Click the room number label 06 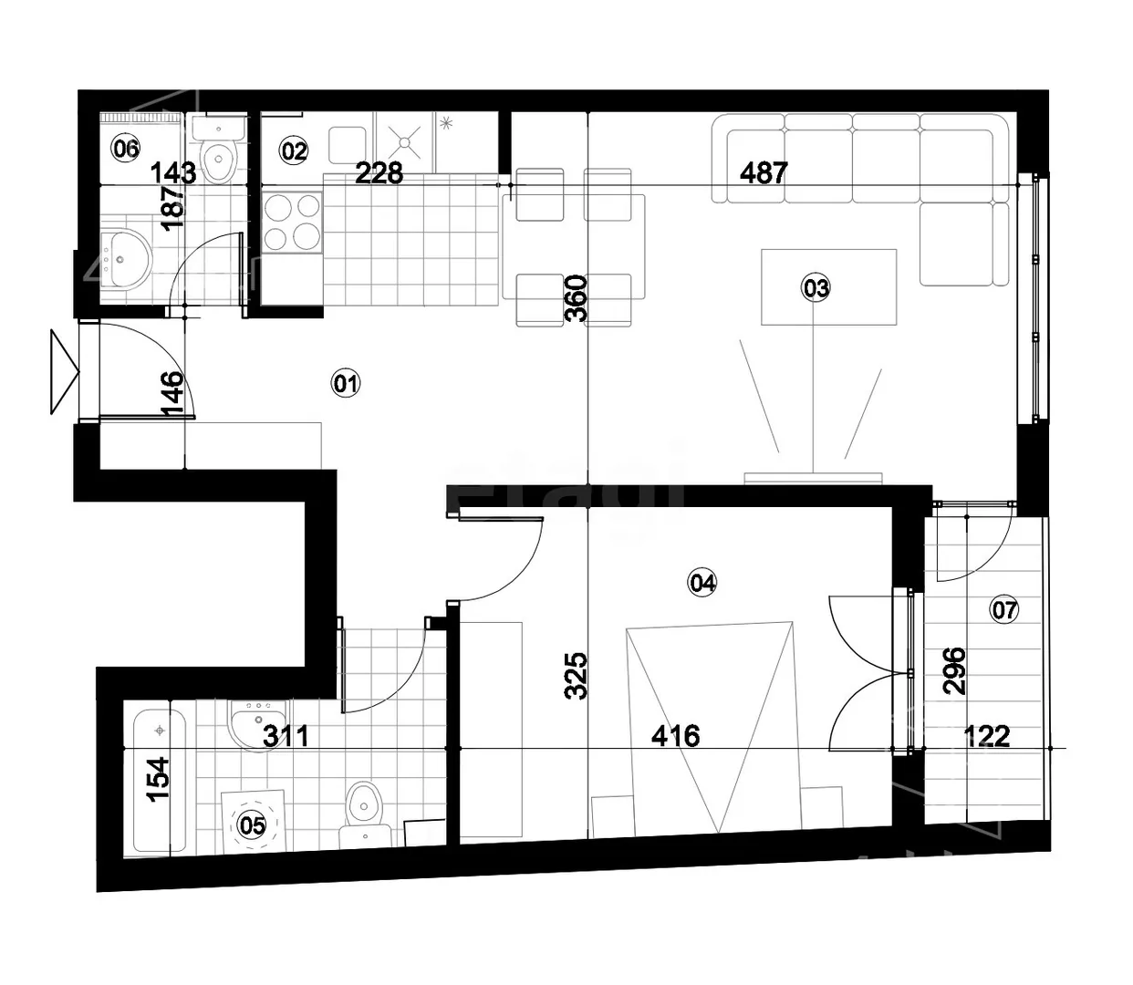click(126, 149)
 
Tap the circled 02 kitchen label click(294, 150)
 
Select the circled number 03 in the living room click(816, 288)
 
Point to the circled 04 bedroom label click(702, 582)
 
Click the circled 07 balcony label click(1004, 609)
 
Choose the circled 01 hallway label click(346, 383)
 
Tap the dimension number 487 click(764, 172)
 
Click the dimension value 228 click(379, 172)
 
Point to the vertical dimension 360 click(576, 298)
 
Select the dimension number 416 click(676, 736)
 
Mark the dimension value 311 click(286, 736)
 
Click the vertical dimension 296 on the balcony click(954, 670)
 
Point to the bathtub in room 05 click(160, 782)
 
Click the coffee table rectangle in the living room click(828, 286)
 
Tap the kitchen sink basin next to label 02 click(347, 145)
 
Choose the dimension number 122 click(987, 736)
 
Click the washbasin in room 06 click(126, 259)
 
